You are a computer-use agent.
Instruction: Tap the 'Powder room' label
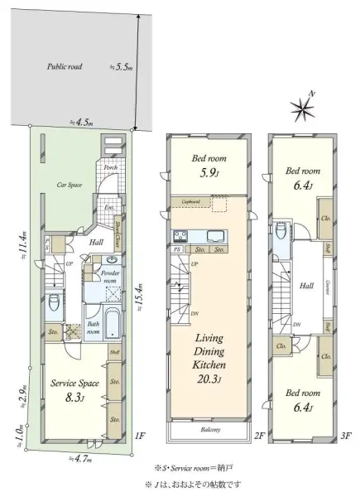pyautogui.click(x=109, y=276)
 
